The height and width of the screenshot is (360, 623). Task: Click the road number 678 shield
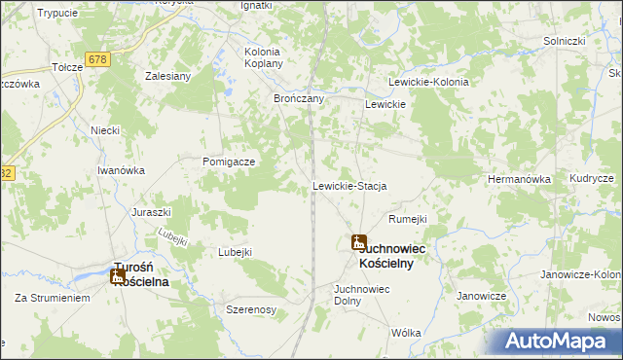[x=96, y=59]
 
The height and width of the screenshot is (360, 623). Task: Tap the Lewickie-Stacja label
[x=349, y=186]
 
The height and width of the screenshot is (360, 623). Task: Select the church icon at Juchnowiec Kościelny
[x=359, y=242]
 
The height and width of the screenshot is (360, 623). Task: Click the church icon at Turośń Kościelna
[x=118, y=276]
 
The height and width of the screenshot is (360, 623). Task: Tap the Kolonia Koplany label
[x=263, y=57]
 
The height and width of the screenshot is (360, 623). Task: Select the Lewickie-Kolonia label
[x=428, y=83]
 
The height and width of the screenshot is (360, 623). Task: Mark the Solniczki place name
[x=564, y=41]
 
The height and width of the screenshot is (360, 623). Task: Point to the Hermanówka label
[x=519, y=180]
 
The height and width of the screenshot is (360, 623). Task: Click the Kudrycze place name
[x=592, y=180]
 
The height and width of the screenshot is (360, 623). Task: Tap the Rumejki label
[x=408, y=220]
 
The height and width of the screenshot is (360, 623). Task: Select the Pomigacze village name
[x=229, y=162]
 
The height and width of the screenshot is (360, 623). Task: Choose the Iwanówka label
[x=121, y=170]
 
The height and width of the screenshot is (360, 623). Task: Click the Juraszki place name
[x=151, y=212]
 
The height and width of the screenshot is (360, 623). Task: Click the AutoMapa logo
[x=560, y=342]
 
